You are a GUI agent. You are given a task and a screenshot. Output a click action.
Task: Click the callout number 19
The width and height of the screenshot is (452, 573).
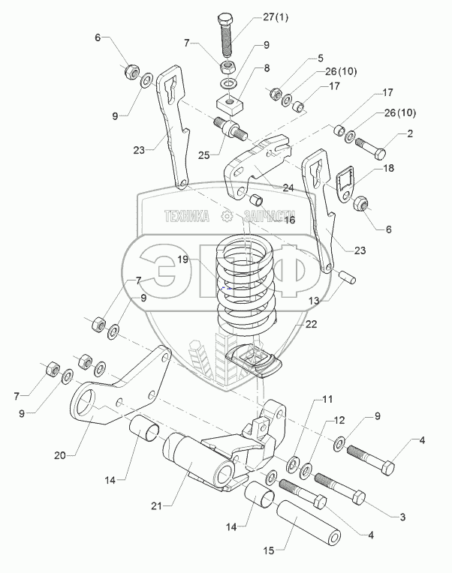[x=183, y=261]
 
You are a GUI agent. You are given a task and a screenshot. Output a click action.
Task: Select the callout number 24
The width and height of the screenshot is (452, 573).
[x=287, y=187]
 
